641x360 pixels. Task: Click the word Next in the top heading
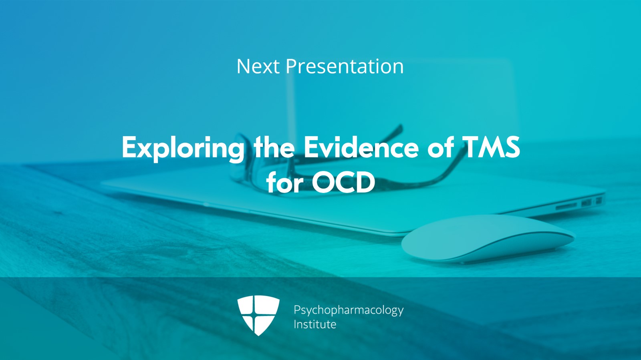pos(258,66)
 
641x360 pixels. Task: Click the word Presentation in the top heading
pos(344,66)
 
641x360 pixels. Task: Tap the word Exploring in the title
pos(183,148)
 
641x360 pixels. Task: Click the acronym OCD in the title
pos(343,183)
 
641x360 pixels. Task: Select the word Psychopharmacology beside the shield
pos(348,310)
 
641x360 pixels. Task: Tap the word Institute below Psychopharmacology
pos(314,324)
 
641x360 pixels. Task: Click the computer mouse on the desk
pos(487,239)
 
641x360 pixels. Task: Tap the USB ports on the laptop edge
pos(591,202)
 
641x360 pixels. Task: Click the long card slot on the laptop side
pos(566,206)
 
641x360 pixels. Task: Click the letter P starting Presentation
pos(291,66)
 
